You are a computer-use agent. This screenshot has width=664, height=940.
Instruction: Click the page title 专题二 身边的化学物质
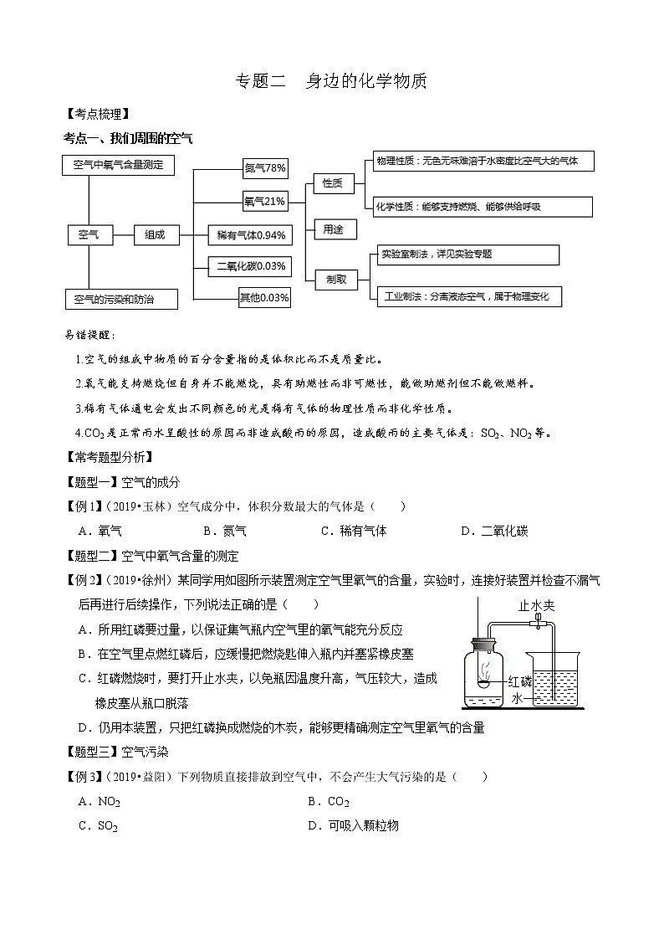(x=331, y=81)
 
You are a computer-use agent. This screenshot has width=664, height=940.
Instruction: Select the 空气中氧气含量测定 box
(x=118, y=165)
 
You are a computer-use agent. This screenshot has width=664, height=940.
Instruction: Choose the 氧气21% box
(x=265, y=201)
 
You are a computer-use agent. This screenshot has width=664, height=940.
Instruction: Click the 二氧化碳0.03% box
(x=252, y=267)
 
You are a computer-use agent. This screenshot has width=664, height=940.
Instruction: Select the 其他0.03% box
(x=264, y=297)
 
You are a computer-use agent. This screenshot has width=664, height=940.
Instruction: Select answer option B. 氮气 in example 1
(x=224, y=531)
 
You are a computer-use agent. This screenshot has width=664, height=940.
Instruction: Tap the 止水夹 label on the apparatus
(x=537, y=606)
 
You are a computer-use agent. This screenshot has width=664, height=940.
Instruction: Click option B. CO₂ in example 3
(x=329, y=802)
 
